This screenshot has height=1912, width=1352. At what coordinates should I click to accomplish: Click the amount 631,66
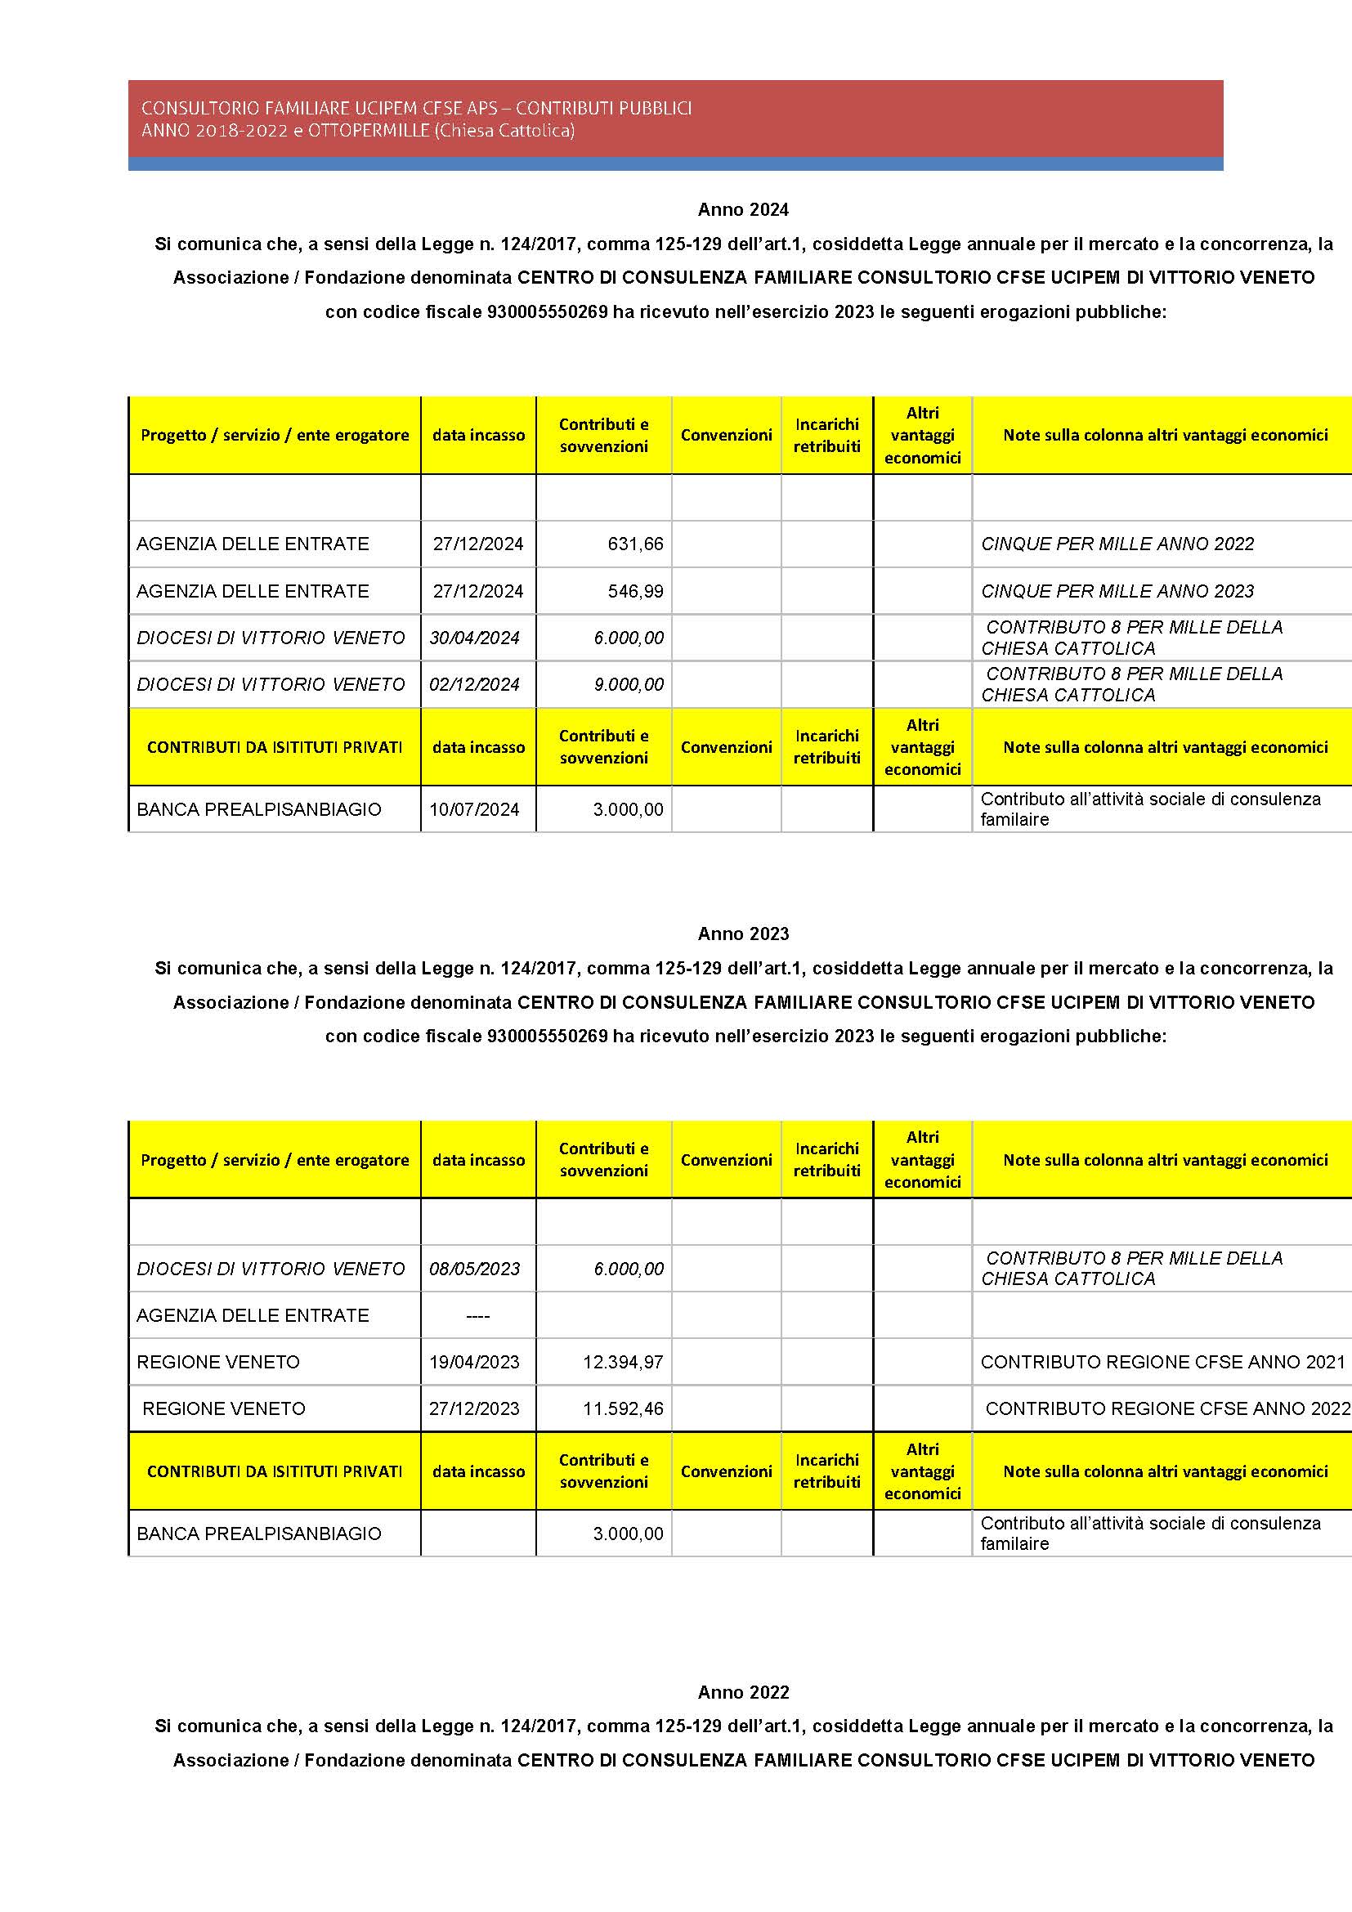635,544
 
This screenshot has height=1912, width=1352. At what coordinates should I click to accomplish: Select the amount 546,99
635,591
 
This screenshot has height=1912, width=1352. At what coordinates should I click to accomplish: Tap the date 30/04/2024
475,638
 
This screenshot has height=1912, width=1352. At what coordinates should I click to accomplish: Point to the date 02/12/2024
475,684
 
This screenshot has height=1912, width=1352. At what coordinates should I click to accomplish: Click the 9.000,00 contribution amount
629,684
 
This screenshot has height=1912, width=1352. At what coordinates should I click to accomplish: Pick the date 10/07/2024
475,809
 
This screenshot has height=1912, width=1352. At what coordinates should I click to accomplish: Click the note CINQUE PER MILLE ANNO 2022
1117,544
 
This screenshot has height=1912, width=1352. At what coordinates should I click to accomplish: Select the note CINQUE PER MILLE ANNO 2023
1117,591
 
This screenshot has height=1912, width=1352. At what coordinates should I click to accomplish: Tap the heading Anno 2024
742,210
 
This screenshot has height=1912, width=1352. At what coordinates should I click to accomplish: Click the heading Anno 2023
742,934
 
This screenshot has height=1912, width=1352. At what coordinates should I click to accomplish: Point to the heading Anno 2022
742,1692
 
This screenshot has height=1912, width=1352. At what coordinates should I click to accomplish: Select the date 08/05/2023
475,1269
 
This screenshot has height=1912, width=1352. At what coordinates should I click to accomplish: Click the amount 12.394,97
623,1363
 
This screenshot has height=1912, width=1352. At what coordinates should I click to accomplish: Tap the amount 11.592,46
623,1409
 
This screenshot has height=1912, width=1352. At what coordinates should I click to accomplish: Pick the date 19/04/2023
475,1363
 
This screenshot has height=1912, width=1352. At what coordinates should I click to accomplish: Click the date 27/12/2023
475,1409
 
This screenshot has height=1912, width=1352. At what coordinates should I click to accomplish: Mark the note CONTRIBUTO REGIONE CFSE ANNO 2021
1162,1363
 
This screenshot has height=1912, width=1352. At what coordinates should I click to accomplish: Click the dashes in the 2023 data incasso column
478,1317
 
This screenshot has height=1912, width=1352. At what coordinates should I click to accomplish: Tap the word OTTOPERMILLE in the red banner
368,131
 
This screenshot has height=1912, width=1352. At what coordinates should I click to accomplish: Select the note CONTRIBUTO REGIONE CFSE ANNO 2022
1166,1409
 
